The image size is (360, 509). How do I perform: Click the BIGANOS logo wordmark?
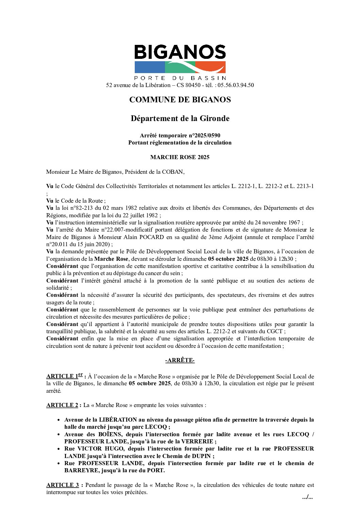tap(180, 52)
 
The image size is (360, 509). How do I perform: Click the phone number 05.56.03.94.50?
tap(235, 85)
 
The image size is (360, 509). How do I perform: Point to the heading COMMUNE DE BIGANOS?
tap(180, 100)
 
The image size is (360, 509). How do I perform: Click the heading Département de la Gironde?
tap(180, 118)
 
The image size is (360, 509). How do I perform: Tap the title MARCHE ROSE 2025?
tap(180, 157)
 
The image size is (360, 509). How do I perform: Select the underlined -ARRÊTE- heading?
tap(180, 360)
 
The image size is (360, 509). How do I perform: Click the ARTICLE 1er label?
tap(65, 376)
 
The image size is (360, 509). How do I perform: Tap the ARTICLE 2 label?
tap(62, 405)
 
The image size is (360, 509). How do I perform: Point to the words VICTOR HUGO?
tap(100, 448)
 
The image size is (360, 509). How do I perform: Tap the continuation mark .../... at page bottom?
tap(307, 497)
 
